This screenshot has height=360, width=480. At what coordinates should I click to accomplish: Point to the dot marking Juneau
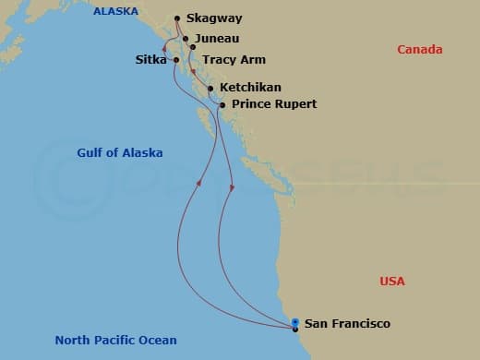click(x=186, y=39)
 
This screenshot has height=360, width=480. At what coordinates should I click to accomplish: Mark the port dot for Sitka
click(x=176, y=60)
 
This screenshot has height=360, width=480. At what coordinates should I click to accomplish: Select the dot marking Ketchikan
click(x=211, y=90)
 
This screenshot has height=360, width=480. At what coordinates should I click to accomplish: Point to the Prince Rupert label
click(x=274, y=104)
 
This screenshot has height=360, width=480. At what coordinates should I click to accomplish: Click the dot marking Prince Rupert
click(x=222, y=105)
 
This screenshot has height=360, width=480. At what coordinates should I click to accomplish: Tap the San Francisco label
click(x=347, y=324)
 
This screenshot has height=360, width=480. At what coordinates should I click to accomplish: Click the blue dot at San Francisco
click(x=294, y=322)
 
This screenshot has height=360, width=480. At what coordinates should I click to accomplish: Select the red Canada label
click(x=420, y=50)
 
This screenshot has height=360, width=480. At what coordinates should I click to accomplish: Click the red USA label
click(x=393, y=281)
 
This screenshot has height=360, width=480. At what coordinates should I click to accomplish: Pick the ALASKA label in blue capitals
click(x=115, y=12)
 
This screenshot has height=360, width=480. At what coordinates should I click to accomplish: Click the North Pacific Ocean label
click(x=115, y=341)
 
